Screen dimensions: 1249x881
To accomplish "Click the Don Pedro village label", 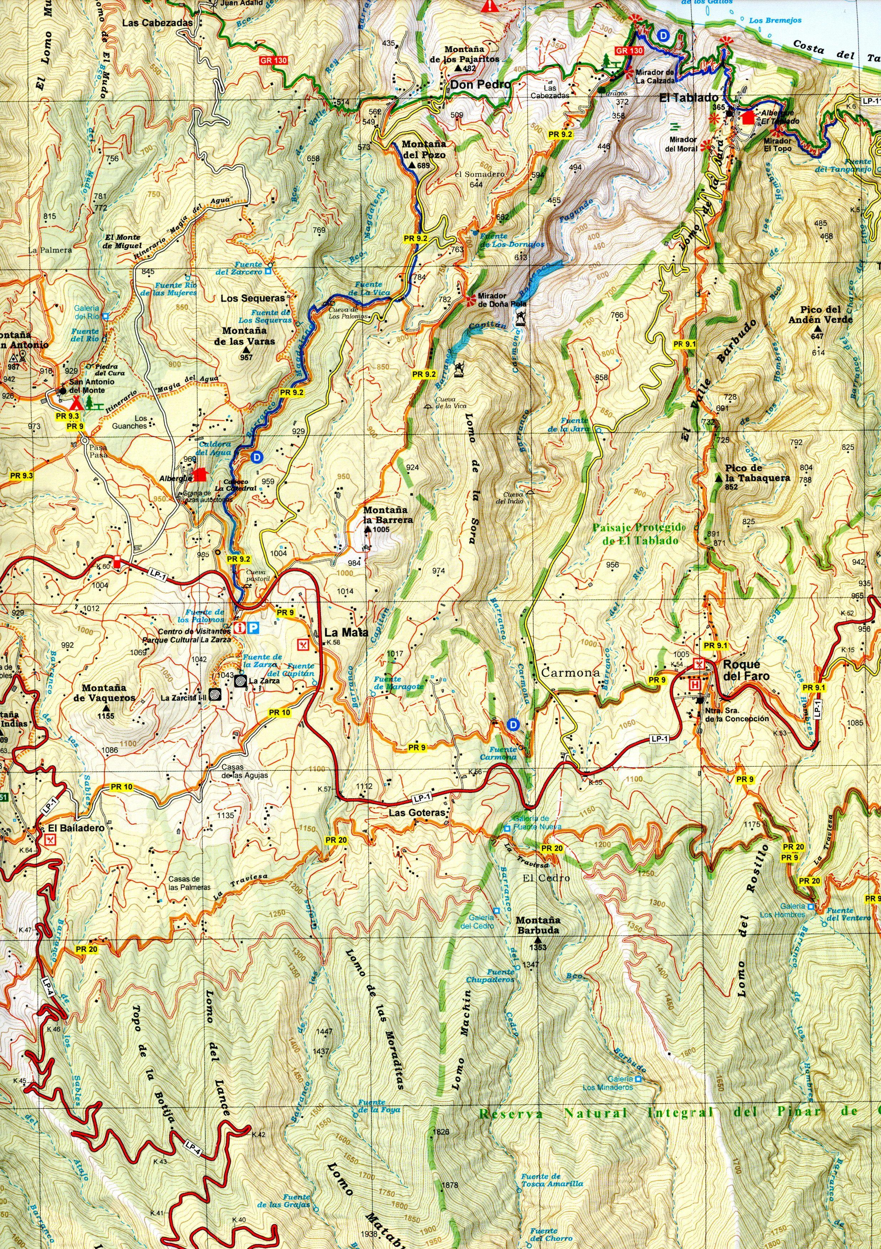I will point(481,84).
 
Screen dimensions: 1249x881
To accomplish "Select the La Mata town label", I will point(346,633).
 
